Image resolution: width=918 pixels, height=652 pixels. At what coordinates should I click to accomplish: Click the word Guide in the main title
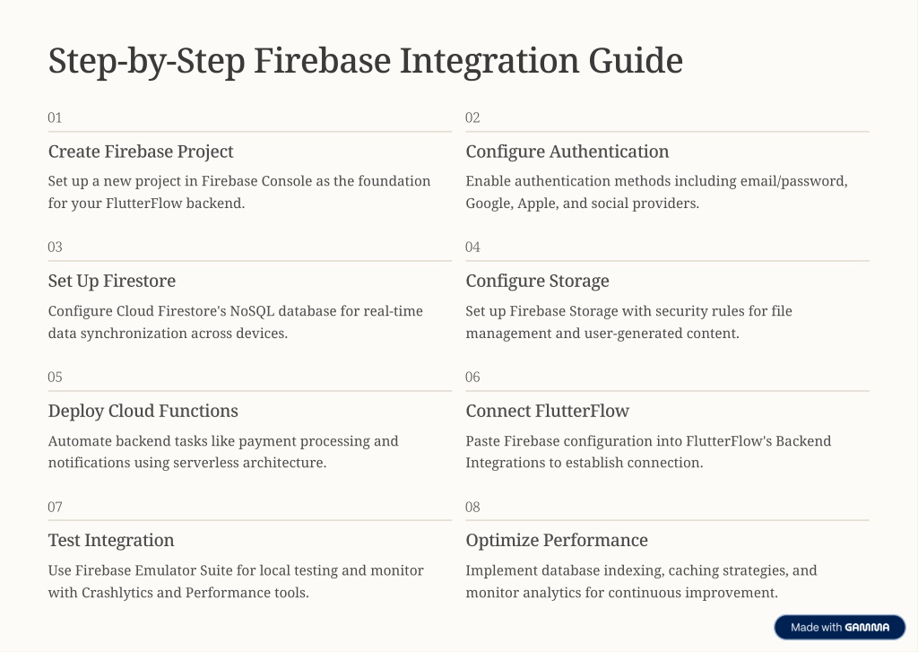coord(636,60)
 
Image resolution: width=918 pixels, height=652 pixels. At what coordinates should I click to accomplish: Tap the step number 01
coord(55,117)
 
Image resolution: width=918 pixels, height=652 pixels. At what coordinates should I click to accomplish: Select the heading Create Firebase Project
coord(141,152)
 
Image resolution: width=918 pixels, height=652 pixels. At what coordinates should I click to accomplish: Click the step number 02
coord(472,117)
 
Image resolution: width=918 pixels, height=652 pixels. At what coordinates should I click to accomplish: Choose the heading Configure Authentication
coord(567,152)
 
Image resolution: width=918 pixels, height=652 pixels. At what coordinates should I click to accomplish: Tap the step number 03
coord(55,248)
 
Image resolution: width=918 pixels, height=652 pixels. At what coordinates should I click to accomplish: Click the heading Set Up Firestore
coord(112,282)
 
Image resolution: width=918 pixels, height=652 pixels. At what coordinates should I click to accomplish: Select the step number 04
coord(472,248)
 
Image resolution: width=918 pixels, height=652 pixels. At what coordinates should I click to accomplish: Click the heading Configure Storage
coord(538,282)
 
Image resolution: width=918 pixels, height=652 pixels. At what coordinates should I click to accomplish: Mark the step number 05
coord(55,378)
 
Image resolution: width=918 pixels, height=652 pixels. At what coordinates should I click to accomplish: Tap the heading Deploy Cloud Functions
coord(143,412)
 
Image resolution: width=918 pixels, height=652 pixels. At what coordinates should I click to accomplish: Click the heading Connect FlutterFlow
coord(548,412)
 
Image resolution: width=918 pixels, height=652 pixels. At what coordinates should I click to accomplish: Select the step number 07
coord(55,508)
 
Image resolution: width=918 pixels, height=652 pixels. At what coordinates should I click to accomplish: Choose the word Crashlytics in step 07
coord(117,593)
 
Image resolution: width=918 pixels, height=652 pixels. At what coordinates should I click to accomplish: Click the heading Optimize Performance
coord(557,541)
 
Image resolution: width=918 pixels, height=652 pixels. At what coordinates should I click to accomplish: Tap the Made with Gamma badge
coord(839,628)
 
